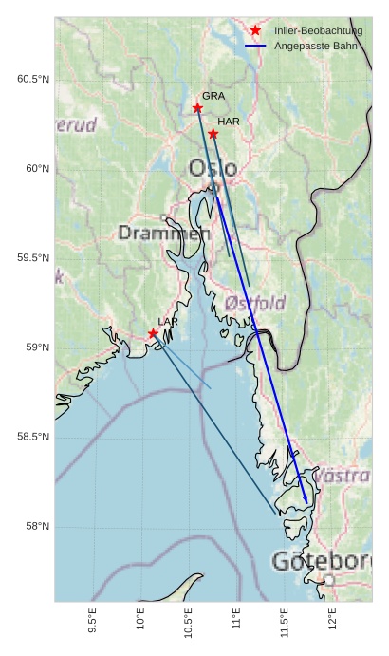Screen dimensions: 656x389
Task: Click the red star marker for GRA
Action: tap(197, 108)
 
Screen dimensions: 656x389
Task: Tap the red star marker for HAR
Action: tap(213, 134)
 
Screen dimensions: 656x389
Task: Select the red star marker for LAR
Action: tap(153, 333)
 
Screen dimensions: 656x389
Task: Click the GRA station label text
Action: tap(213, 96)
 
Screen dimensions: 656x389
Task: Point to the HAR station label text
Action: tap(229, 122)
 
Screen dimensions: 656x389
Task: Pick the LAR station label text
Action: tap(168, 322)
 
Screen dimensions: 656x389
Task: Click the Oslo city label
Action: tap(213, 169)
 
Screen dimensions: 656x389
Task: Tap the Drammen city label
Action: tap(163, 233)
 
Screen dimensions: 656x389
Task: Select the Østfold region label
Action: tap(255, 303)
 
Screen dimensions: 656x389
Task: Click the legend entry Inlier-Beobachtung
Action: tap(319, 31)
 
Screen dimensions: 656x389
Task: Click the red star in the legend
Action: tap(255, 31)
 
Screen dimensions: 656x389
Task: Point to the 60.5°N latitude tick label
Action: tap(32, 80)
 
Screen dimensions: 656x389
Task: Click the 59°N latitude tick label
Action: tap(36, 348)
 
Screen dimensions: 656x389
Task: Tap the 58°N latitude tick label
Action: tap(36, 527)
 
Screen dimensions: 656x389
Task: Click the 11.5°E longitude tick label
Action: tap(285, 622)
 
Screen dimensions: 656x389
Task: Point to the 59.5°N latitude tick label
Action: tap(32, 259)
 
